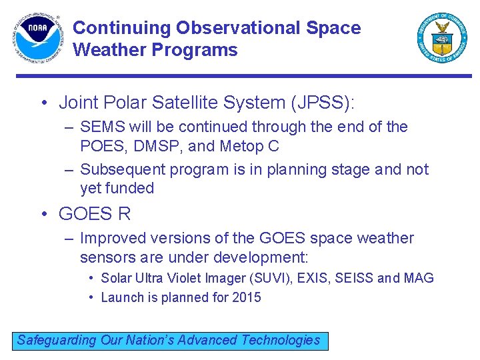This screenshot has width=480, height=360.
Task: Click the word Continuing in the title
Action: [121, 28]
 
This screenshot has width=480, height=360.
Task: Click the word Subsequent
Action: [123, 169]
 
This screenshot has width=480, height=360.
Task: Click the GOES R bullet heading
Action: [95, 214]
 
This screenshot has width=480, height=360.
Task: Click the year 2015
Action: [246, 297]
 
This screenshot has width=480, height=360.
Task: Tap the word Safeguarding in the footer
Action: [57, 340]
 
